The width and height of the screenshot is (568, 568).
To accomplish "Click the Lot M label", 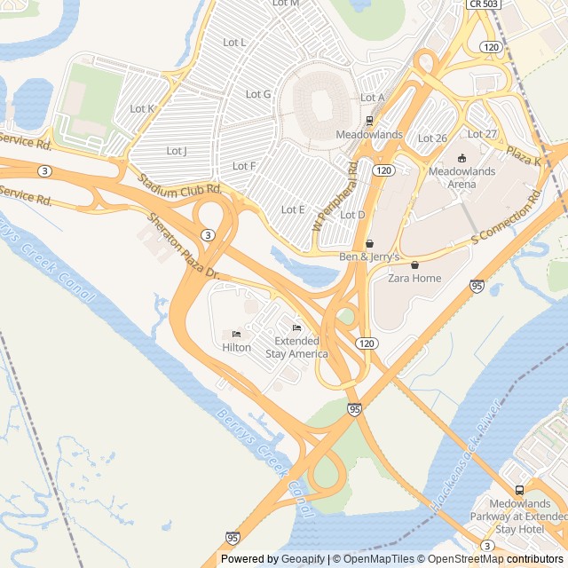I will point(286,4).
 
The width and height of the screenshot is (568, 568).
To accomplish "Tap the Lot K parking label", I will point(142,109).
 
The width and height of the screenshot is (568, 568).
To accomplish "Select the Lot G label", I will point(258,94).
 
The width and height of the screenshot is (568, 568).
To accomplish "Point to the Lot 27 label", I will point(482,134).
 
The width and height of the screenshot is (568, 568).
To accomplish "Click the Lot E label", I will point(293,209).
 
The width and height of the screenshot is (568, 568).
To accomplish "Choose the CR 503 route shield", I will point(483,4).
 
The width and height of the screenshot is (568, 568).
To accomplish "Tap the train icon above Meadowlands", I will point(369,121).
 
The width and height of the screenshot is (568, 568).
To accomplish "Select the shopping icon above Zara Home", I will point(414,264).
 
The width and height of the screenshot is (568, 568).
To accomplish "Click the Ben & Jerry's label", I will point(370,257).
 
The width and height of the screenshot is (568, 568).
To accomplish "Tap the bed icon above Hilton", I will point(236,334).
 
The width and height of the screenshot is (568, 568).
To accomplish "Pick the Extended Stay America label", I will point(296,347).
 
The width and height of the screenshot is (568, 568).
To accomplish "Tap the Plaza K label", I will point(524,157).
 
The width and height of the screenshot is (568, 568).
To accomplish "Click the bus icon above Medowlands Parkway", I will point(519,490).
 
